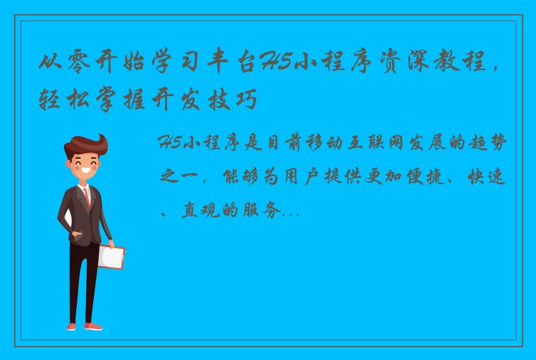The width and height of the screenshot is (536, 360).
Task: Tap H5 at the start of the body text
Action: coord(172,144)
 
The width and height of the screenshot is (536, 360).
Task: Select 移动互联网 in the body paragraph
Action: coord(338,144)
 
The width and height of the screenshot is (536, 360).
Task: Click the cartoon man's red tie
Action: coord(87,197)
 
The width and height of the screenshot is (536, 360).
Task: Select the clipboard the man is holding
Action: coord(111,256)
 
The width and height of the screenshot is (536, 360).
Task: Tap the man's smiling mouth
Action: coord(87,172)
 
